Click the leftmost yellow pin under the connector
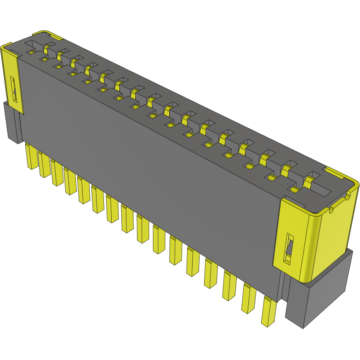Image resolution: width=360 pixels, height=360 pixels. click(x=31, y=156)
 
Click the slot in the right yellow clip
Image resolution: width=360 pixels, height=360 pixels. click(x=289, y=250)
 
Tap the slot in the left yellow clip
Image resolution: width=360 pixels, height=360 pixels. click(x=14, y=90)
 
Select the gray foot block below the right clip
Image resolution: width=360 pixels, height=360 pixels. click(x=317, y=294)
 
